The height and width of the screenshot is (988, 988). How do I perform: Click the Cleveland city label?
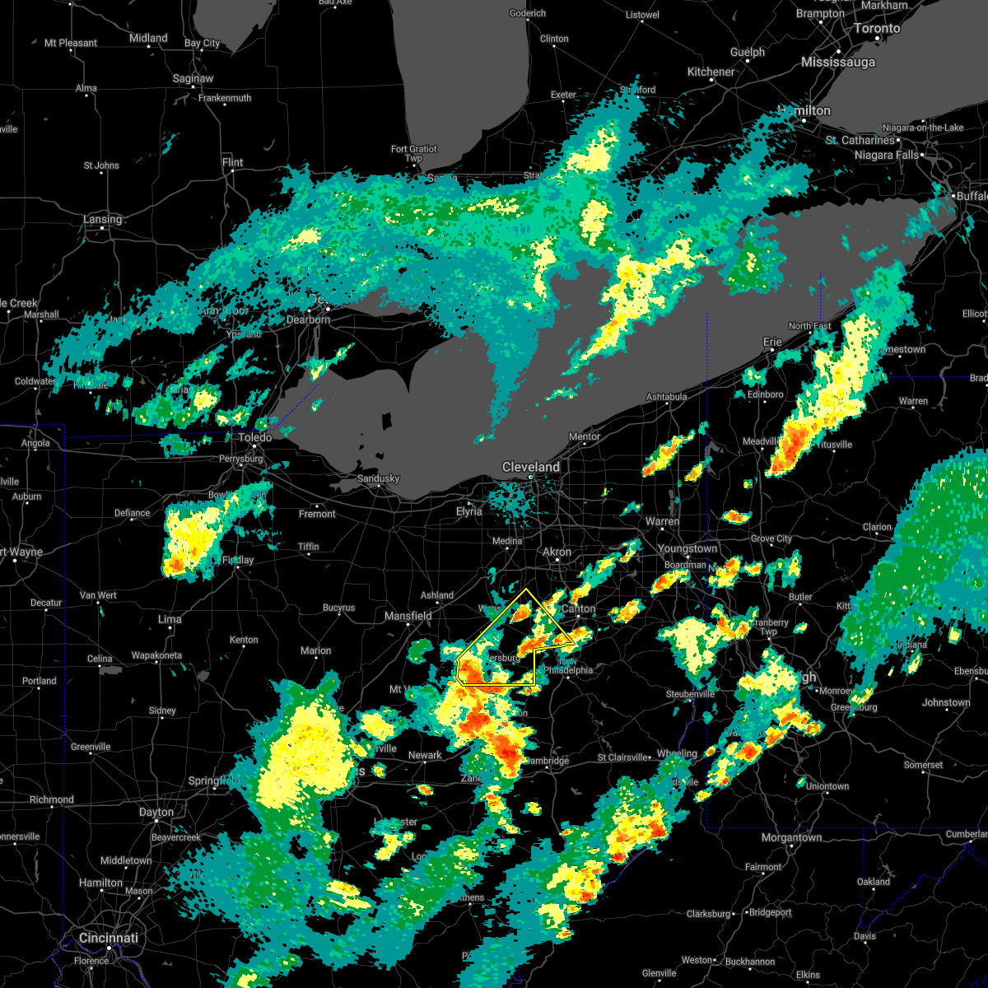(531, 467)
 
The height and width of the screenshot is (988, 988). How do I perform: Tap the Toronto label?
(876, 28)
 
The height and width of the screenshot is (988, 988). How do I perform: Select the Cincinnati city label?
(109, 938)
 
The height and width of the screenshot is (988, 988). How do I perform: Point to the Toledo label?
(255, 438)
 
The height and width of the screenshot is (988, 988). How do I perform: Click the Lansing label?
(102, 219)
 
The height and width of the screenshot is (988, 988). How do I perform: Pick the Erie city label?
(772, 342)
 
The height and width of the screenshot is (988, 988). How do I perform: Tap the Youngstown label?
(687, 548)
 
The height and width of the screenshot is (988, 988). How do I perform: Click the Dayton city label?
(156, 812)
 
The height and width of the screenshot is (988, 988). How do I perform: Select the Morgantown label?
(791, 837)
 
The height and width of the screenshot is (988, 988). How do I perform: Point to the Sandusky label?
(378, 478)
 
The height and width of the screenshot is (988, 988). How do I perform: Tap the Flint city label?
(232, 162)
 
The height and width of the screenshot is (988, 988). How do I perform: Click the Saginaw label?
(193, 78)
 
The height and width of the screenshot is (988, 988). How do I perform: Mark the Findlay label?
(238, 560)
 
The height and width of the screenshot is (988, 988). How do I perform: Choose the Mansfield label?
(408, 616)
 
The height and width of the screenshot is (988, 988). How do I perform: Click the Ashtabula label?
(666, 397)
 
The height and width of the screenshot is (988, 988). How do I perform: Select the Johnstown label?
(946, 702)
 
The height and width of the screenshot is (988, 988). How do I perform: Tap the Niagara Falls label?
(887, 155)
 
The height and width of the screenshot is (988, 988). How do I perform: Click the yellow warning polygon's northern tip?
(525, 589)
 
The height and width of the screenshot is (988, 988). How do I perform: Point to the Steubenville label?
(690, 694)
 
